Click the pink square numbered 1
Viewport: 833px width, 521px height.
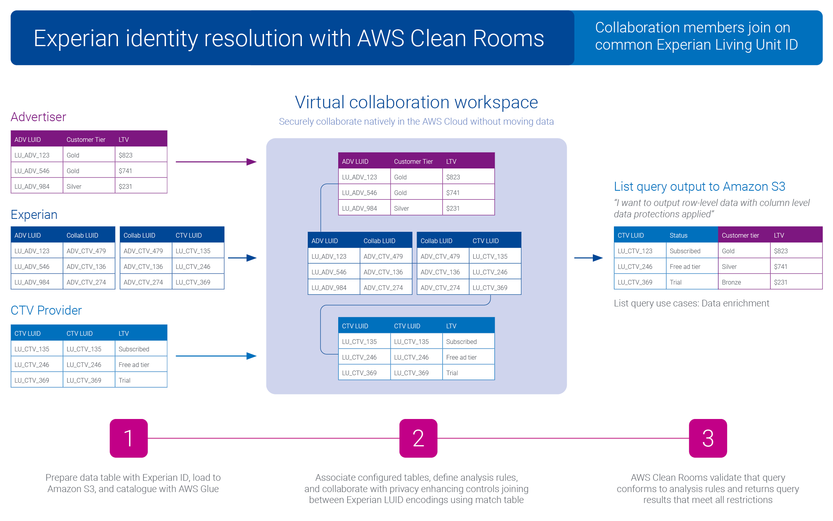tap(128, 438)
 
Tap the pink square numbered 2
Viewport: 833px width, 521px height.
tap(418, 438)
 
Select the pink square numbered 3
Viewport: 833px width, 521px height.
tap(708, 438)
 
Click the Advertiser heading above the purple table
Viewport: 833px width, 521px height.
tap(38, 117)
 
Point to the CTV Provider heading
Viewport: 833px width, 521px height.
tap(46, 310)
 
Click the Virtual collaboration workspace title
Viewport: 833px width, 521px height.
tap(416, 102)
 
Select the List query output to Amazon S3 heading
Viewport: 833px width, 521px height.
tap(699, 186)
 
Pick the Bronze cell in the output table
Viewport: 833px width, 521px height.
tap(731, 282)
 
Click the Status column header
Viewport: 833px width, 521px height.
tap(678, 235)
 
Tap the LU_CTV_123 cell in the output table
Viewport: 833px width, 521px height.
tap(635, 251)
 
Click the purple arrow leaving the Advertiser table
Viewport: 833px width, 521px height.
tap(216, 162)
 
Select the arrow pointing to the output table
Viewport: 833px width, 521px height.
tap(589, 258)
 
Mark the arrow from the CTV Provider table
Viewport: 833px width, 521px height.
tap(216, 356)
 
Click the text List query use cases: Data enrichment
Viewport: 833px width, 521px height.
tap(691, 303)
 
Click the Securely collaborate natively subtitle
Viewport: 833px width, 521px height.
tap(416, 122)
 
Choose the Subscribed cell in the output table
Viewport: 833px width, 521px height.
tap(685, 251)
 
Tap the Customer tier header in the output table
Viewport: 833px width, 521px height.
tap(740, 235)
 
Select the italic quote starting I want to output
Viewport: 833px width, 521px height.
tap(712, 208)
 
